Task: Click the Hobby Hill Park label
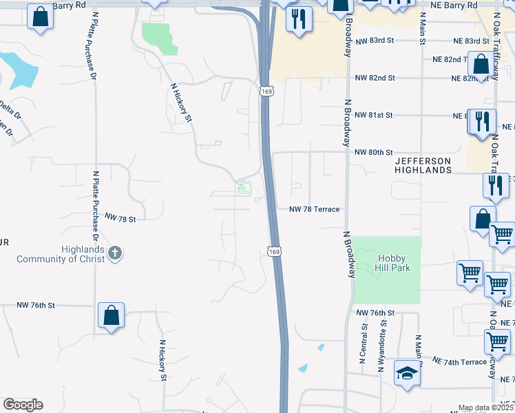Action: point(393,262)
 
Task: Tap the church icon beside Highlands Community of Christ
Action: point(115,254)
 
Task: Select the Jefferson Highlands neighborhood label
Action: point(423,165)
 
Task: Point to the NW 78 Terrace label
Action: point(315,209)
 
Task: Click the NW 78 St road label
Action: point(120,218)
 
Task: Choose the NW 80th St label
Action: point(373,152)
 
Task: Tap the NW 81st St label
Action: point(373,115)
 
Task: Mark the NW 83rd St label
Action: point(375,41)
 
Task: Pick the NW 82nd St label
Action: point(375,78)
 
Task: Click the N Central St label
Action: point(363,344)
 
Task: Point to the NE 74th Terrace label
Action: point(459,361)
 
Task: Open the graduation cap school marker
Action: point(407,374)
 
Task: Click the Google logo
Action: point(23,405)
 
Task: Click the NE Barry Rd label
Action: point(456,5)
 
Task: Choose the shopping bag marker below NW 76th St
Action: point(111,317)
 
